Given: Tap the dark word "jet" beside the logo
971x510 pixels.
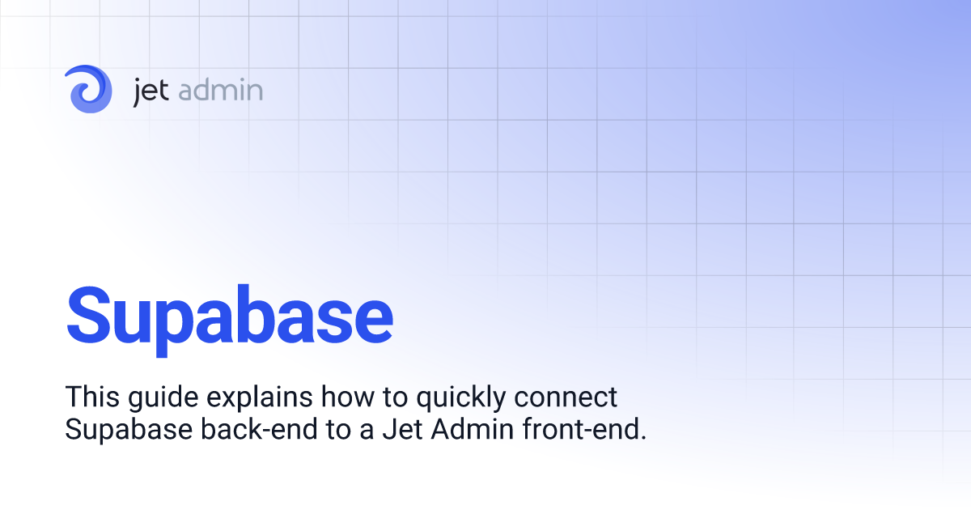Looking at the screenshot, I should pos(151,91).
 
